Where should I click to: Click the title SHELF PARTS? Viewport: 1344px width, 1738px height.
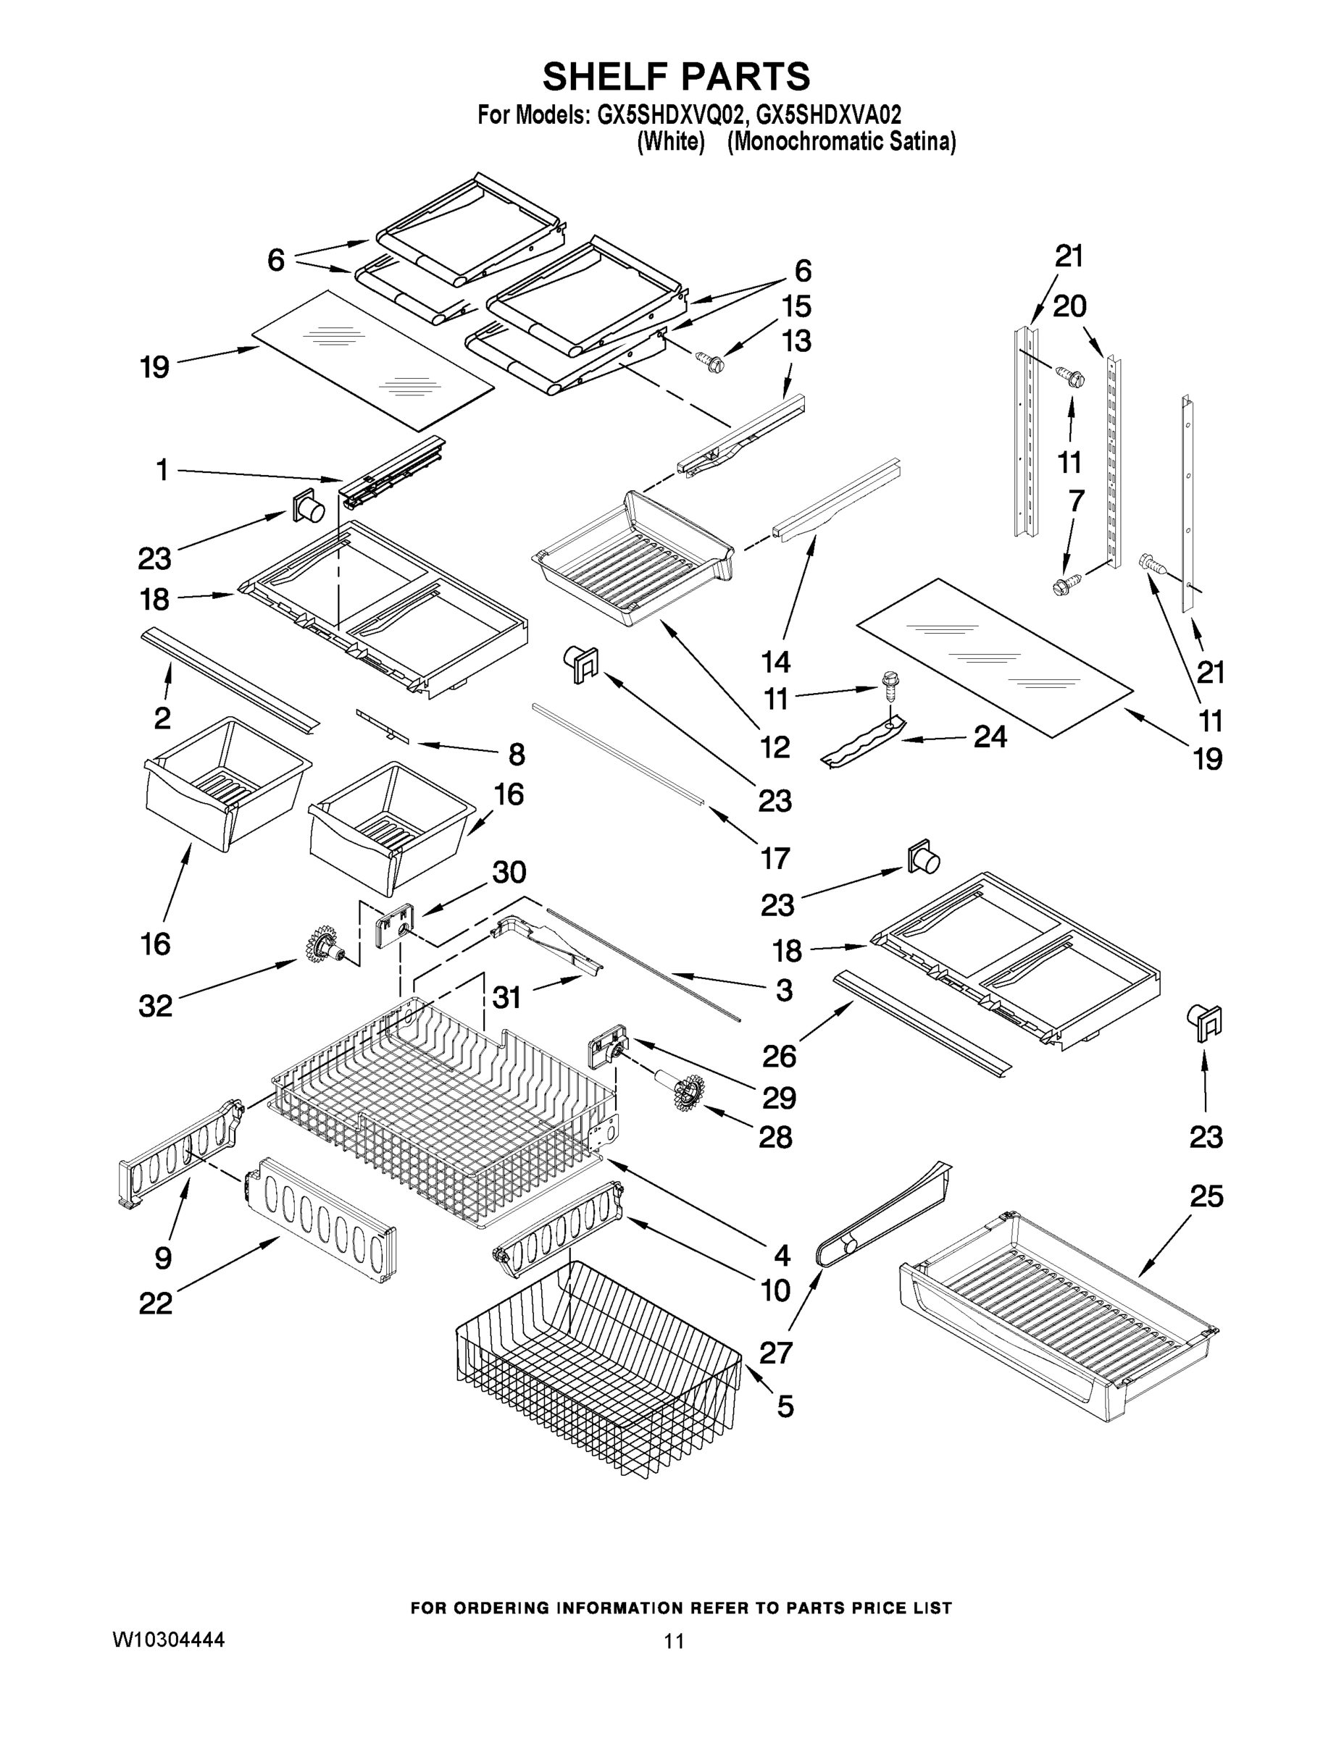click(676, 77)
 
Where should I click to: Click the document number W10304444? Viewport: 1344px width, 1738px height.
click(168, 1640)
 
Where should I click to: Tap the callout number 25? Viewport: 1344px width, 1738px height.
click(1206, 1196)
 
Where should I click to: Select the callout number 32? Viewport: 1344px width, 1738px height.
click(155, 1006)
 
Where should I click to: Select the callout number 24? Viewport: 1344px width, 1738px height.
click(990, 737)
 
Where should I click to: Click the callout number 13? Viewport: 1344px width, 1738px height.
click(796, 340)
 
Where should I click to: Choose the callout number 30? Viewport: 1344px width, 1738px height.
click(509, 873)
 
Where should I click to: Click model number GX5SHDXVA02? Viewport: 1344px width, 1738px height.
click(828, 114)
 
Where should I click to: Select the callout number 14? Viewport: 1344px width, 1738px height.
click(775, 661)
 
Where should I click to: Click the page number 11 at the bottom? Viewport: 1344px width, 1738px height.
click(675, 1641)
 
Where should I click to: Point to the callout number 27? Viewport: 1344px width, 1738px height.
click(776, 1352)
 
